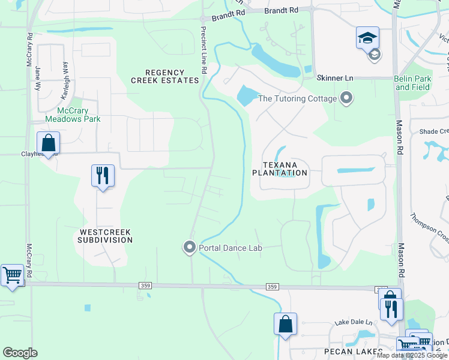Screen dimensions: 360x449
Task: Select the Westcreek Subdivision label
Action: pyautogui.click(x=105, y=236)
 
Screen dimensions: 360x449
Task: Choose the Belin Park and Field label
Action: pyautogui.click(x=413, y=83)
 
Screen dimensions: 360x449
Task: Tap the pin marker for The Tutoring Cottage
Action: pyautogui.click(x=346, y=98)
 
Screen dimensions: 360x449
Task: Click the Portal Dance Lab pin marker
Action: pyautogui.click(x=190, y=247)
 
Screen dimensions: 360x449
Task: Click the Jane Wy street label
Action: pyautogui.click(x=38, y=77)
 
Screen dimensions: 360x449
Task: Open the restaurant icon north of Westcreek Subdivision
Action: pyautogui.click(x=103, y=176)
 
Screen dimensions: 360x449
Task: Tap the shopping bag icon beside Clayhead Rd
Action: pyautogui.click(x=48, y=143)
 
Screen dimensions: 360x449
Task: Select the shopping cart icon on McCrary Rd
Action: pyautogui.click(x=12, y=275)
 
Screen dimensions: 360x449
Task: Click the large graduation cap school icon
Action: pyautogui.click(x=367, y=38)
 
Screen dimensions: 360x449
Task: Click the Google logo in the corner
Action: pyautogui.click(x=20, y=353)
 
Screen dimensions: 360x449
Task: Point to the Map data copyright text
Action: pyautogui.click(x=412, y=355)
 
